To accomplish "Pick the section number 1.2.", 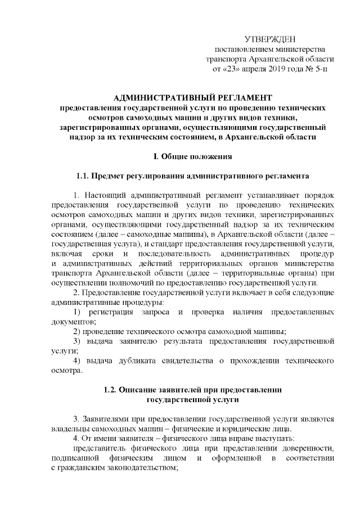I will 112,390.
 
